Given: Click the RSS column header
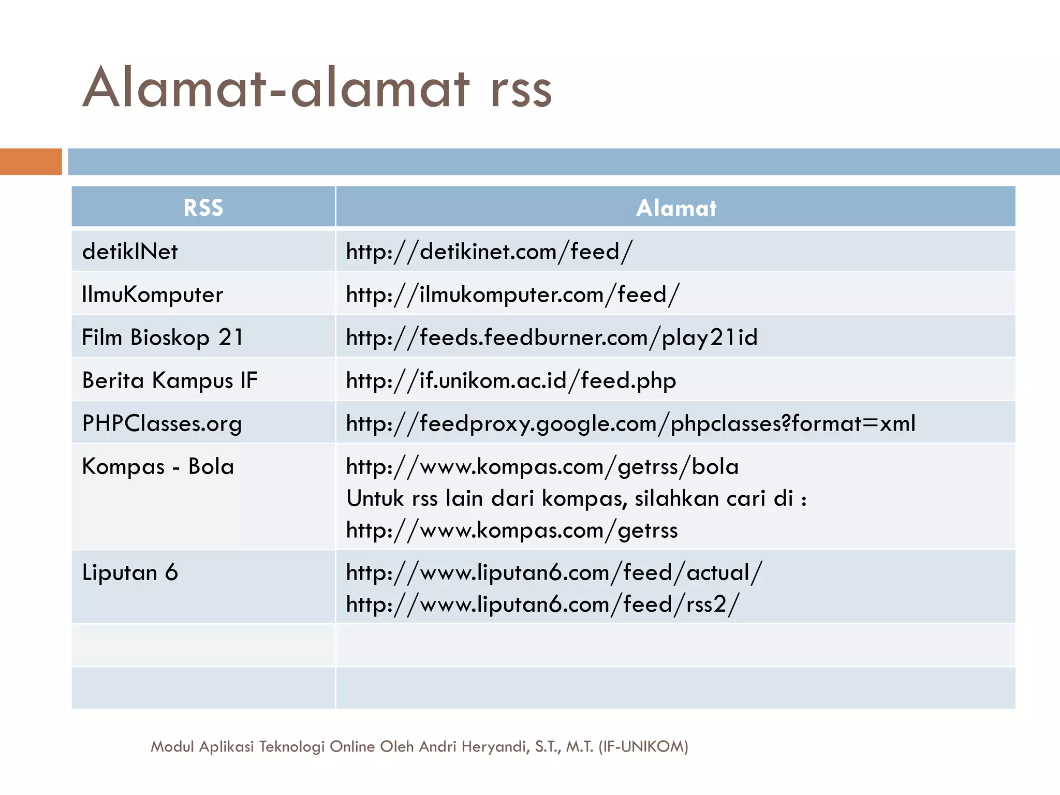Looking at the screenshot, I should point(203,208).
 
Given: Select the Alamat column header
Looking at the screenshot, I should point(675,208).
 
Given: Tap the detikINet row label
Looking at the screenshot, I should point(130,252).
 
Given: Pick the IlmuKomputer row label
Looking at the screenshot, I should point(152,295).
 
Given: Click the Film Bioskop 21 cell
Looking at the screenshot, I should point(162,337).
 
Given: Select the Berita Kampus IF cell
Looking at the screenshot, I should point(169,380).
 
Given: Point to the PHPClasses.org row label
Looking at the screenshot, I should point(161,423).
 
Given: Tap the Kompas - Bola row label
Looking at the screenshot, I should point(158,466).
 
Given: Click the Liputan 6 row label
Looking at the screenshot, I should point(130,572).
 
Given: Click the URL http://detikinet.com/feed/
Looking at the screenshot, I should point(489,252).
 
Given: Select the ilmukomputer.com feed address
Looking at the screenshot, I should point(512,295).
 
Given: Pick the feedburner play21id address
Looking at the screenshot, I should point(551,337).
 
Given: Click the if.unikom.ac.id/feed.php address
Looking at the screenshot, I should point(511,380).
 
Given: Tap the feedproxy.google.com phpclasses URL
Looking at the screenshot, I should point(630,423).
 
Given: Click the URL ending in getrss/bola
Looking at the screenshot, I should point(542,466).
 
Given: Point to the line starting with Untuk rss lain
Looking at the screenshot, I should point(576,498).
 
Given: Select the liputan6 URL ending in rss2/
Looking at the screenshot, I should point(542,604).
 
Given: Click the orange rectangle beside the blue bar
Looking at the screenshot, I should point(31,161).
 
